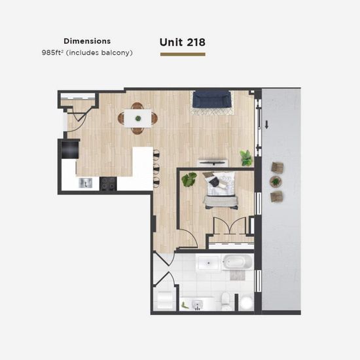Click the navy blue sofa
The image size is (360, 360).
(x=211, y=99)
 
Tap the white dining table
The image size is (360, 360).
(x=137, y=118)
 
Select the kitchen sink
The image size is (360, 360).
(x=85, y=183)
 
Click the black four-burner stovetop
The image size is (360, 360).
(x=108, y=184)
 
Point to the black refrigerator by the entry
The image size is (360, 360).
(x=70, y=149)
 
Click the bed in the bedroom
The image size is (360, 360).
(x=220, y=190)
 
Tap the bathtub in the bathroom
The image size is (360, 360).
(x=237, y=262)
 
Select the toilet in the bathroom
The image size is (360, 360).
(x=225, y=301)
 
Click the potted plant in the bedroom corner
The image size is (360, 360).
(x=189, y=179)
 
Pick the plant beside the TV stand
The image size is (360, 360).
(x=246, y=158)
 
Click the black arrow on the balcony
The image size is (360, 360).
(x=266, y=124)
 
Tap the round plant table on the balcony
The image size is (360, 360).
(x=276, y=182)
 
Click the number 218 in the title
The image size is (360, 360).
(x=196, y=43)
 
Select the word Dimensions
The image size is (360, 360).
(x=87, y=41)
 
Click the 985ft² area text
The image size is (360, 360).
(x=52, y=52)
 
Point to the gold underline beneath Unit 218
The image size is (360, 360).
(x=183, y=54)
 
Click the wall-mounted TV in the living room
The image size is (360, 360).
(x=212, y=163)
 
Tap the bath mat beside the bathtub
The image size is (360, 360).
(x=238, y=276)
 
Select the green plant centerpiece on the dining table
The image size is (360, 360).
(x=138, y=118)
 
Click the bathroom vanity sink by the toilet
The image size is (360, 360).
(x=197, y=304)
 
